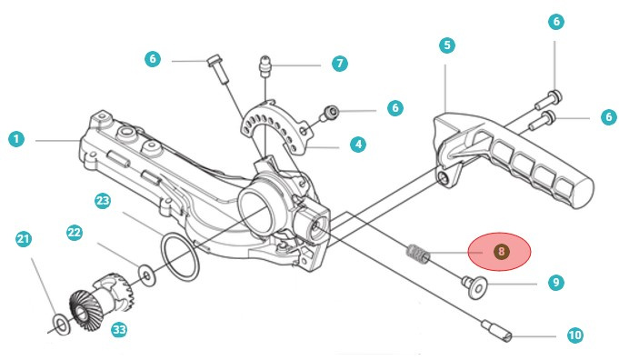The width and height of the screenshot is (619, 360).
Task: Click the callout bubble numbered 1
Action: [x=16, y=139]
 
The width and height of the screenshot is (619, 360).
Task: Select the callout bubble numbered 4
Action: [x=358, y=145]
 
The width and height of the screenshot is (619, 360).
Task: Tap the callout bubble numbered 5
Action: [x=447, y=45]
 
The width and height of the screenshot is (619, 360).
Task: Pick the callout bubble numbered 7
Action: [x=340, y=63]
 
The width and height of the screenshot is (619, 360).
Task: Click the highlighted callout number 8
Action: [x=501, y=252]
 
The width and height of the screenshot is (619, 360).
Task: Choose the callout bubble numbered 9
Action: [x=556, y=283]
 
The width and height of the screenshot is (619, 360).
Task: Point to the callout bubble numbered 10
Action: [x=574, y=335]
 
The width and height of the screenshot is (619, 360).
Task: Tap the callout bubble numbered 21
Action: [x=24, y=239]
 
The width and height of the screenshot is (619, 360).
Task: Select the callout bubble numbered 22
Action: [x=75, y=233]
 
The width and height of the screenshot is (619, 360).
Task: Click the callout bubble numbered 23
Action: [x=103, y=201]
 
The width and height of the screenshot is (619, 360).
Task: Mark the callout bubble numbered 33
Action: [x=119, y=330]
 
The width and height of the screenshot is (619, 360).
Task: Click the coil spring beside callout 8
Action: [x=418, y=254]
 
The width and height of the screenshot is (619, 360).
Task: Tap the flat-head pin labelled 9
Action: [x=474, y=287]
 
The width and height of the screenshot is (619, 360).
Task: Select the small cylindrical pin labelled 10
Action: [x=496, y=331]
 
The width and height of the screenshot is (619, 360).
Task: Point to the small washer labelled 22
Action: [x=147, y=275]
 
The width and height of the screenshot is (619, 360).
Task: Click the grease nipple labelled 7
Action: [x=265, y=66]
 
